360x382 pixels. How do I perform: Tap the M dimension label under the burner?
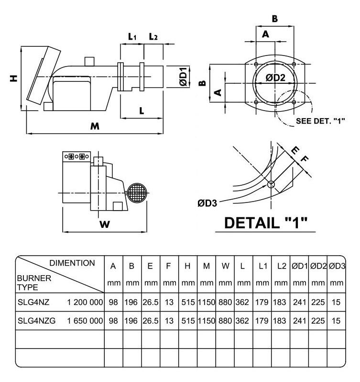pos(95,126)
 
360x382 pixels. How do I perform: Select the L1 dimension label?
pos(132,36)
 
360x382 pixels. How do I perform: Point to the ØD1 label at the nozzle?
pos(184,77)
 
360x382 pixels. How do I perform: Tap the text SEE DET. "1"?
pos(320,121)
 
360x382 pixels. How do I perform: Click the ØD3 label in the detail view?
pos(207,203)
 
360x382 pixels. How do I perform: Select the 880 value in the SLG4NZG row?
pos(225,321)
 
